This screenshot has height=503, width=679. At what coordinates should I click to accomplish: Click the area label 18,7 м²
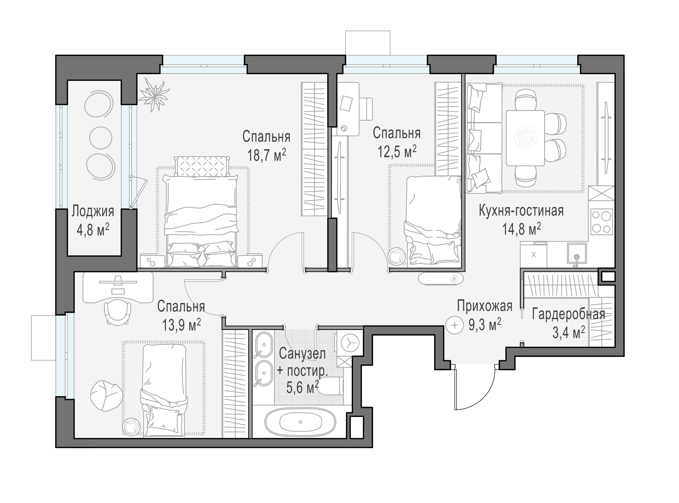pyautogui.click(x=266, y=155)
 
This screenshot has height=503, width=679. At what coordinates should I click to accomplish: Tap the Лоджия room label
pyautogui.click(x=93, y=211)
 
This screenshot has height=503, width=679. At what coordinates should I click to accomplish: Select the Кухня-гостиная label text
pyautogui.click(x=521, y=211)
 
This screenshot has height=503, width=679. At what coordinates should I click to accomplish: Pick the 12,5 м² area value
pyautogui.click(x=397, y=151)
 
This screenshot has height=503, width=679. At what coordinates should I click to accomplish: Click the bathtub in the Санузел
pyautogui.click(x=300, y=422)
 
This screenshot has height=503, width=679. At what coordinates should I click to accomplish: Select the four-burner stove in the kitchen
pyautogui.click(x=601, y=222)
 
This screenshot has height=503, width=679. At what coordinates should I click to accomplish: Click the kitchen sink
pyautogui.click(x=576, y=253)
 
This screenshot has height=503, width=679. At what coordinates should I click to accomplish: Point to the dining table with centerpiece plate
pyautogui.click(x=525, y=138)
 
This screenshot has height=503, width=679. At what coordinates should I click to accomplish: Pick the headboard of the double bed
pyautogui.click(x=202, y=167)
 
